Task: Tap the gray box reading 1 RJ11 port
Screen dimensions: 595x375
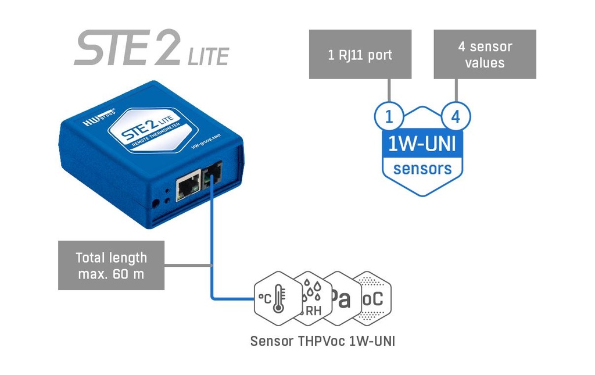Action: pyautogui.click(x=360, y=54)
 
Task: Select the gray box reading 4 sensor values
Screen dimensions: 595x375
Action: pyautogui.click(x=485, y=54)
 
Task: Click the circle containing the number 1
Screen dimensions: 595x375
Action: pyautogui.click(x=389, y=116)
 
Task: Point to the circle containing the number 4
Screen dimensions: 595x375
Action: pyautogui.click(x=456, y=116)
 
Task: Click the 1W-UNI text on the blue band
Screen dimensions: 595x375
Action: pyautogui.click(x=422, y=144)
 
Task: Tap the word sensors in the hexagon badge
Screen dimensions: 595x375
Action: pyautogui.click(x=422, y=169)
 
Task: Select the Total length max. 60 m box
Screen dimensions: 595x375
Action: pyautogui.click(x=111, y=265)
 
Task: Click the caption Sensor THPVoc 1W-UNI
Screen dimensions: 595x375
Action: pyautogui.click(x=322, y=341)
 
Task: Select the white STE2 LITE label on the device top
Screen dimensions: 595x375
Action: pyautogui.click(x=153, y=130)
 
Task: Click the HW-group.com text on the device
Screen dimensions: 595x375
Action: pyautogui.click(x=206, y=141)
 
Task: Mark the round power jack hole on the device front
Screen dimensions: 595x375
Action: pyautogui.click(x=155, y=204)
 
